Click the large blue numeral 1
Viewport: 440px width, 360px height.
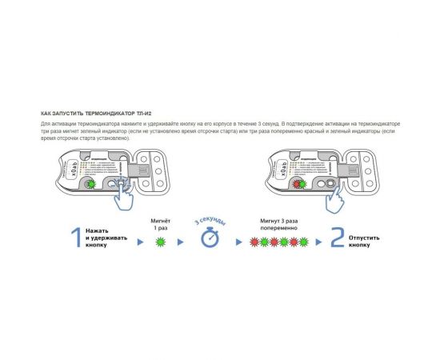pyautogui.click(x=74, y=239)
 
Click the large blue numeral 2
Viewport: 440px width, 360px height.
pyautogui.click(x=338, y=239)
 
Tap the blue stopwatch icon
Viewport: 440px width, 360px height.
pyautogui.click(x=210, y=238)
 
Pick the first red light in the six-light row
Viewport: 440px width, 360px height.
pyautogui.click(x=254, y=241)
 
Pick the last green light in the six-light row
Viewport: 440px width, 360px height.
pyautogui.click(x=305, y=241)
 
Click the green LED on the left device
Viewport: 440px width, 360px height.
pyautogui.click(x=92, y=183)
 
